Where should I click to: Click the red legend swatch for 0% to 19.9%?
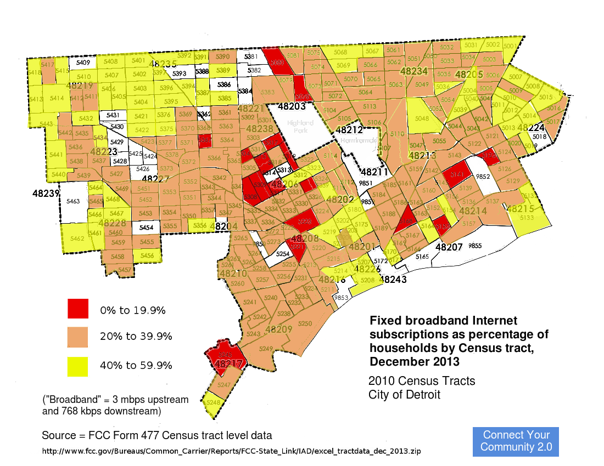tap(78, 309)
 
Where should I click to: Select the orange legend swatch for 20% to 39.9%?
tap(78, 337)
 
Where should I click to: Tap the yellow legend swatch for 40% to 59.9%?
tap(78, 365)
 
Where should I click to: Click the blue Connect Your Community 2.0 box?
tap(516, 441)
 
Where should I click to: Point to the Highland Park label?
tap(299, 127)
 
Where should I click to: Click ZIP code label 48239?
tap(43, 194)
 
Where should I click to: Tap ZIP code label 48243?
tap(393, 279)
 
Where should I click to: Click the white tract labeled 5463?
tap(73, 202)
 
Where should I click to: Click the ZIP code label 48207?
tap(449, 247)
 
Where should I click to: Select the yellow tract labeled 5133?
tap(527, 218)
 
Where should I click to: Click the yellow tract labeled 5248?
tap(213, 403)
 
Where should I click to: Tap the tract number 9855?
tap(475, 246)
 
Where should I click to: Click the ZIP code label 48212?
tap(349, 130)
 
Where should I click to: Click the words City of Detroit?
tap(404, 395)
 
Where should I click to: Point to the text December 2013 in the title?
tap(415, 362)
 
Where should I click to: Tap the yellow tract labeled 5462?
tap(77, 238)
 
